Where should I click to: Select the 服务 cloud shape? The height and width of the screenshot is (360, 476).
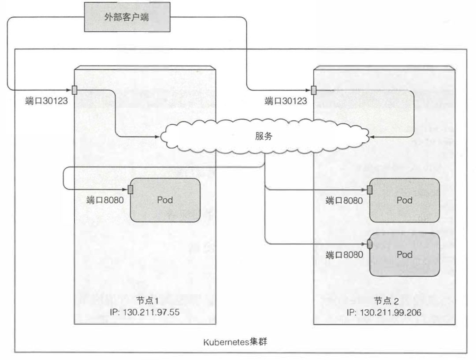(x=264, y=136)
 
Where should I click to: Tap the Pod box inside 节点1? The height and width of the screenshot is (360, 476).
(x=165, y=200)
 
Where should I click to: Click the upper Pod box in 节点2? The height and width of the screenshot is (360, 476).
(x=405, y=200)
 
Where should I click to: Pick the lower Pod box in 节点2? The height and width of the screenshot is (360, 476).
(x=405, y=254)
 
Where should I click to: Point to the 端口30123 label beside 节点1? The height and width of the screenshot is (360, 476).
(x=46, y=101)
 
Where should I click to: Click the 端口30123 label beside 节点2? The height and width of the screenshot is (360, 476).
(x=286, y=101)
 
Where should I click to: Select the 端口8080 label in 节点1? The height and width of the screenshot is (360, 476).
(x=104, y=200)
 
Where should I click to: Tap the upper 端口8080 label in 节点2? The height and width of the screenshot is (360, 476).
(x=344, y=201)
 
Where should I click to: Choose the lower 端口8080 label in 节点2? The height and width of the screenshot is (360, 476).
(x=344, y=254)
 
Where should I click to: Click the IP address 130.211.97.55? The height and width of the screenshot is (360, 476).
(x=146, y=312)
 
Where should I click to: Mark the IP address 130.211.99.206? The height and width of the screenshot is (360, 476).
(x=384, y=312)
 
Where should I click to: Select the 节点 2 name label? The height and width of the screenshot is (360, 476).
(x=387, y=301)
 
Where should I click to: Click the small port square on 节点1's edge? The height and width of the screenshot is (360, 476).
(x=74, y=89)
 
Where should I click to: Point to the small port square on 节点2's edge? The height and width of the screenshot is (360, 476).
(x=314, y=90)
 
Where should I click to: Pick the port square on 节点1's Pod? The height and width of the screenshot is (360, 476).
(x=130, y=189)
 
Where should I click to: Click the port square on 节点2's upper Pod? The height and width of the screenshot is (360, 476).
(x=370, y=189)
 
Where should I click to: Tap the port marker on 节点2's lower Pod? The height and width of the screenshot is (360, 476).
(x=370, y=244)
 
